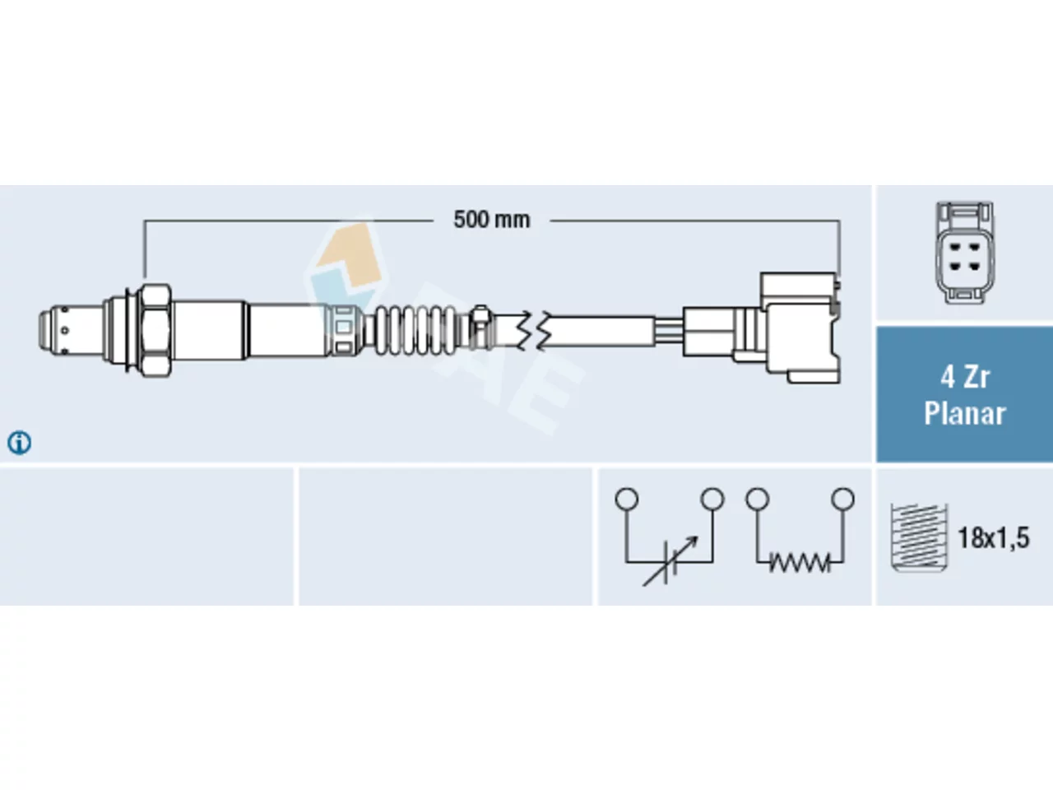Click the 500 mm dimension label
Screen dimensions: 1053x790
pyautogui.click(x=492, y=221)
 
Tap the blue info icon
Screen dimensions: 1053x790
pyautogui.click(x=19, y=442)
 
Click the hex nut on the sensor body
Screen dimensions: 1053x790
pyautogui.click(x=155, y=331)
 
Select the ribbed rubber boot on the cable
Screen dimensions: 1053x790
pyautogui.click(x=415, y=331)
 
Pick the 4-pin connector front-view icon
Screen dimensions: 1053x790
pyautogui.click(x=964, y=253)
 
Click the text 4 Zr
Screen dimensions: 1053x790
pyautogui.click(x=964, y=378)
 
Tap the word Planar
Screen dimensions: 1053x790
pyautogui.click(x=964, y=413)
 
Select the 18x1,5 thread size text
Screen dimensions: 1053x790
pyautogui.click(x=994, y=537)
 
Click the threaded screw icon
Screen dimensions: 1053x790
pyautogui.click(x=919, y=537)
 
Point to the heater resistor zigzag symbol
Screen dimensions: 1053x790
pyautogui.click(x=800, y=562)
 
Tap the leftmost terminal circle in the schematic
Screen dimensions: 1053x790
pyautogui.click(x=627, y=499)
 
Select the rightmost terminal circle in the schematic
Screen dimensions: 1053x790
pyautogui.click(x=843, y=499)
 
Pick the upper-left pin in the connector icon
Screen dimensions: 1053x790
pyautogui.click(x=954, y=248)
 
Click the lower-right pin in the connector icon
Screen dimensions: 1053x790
pyautogui.click(x=974, y=266)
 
